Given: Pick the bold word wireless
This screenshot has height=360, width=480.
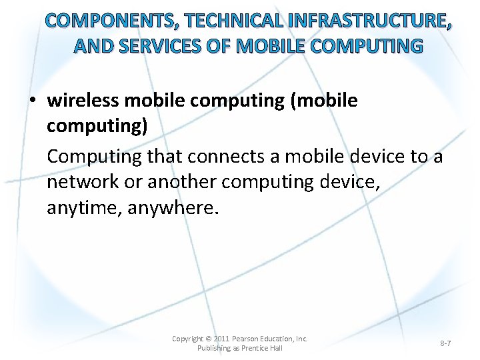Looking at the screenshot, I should (x=83, y=101).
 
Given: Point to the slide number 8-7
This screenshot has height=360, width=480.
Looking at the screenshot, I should (x=445, y=343).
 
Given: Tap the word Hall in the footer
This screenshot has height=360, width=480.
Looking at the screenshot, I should (x=275, y=349).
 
